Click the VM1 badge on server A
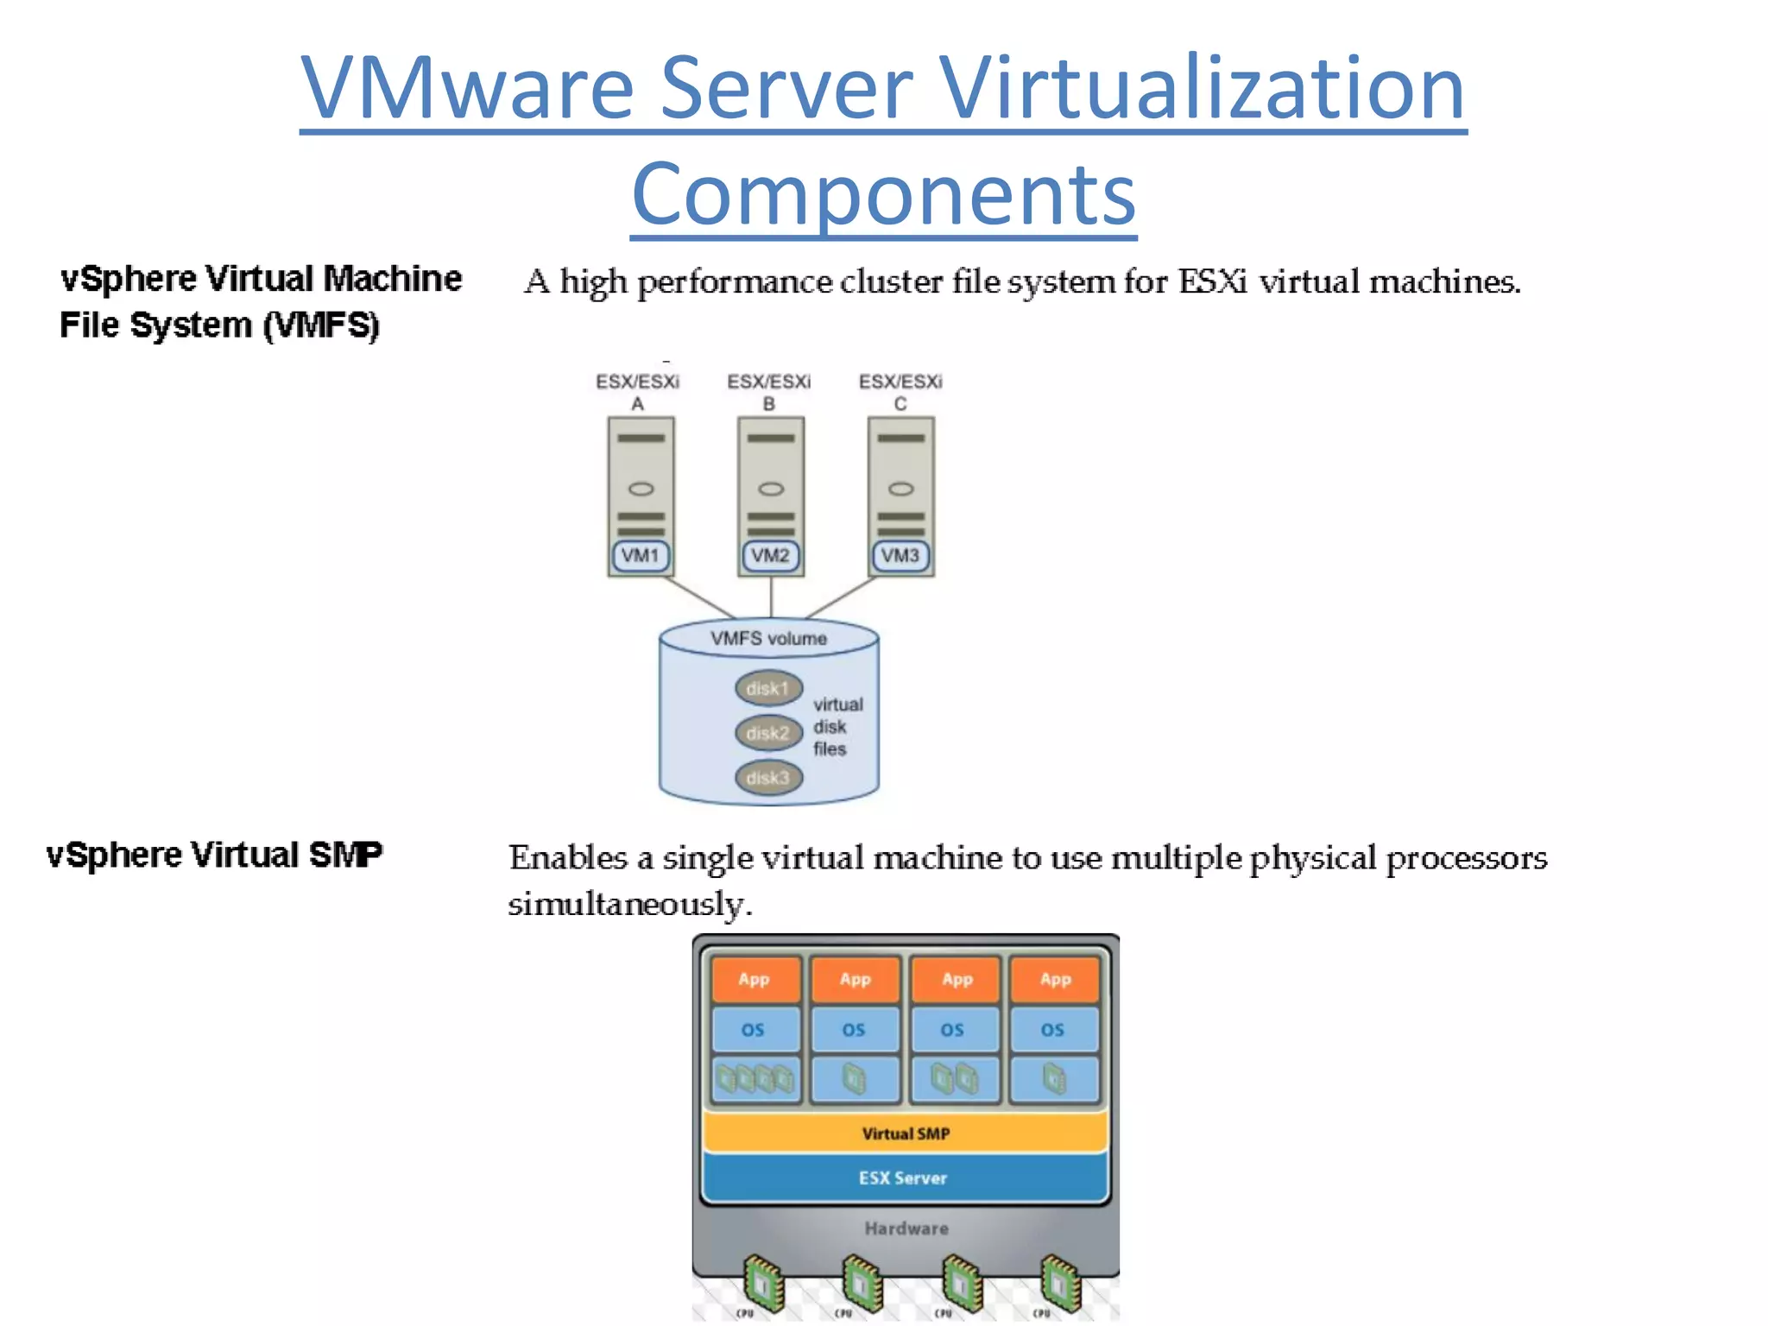click(x=640, y=555)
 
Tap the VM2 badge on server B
click(x=770, y=555)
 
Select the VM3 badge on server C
click(x=900, y=555)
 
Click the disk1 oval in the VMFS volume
click(x=768, y=688)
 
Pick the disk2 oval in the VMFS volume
click(x=768, y=733)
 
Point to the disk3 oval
click(x=768, y=778)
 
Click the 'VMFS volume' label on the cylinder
click(x=768, y=639)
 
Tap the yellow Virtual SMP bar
click(x=905, y=1133)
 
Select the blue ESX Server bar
click(x=903, y=1178)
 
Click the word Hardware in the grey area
click(x=906, y=1228)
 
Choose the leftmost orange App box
click(x=755, y=979)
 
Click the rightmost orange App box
click(x=1055, y=979)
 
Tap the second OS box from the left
click(x=854, y=1029)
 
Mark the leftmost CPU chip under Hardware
click(x=763, y=1282)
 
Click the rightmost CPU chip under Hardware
click(x=1060, y=1282)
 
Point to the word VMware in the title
click(x=466, y=88)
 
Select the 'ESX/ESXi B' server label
click(x=768, y=392)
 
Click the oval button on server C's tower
click(x=900, y=489)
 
